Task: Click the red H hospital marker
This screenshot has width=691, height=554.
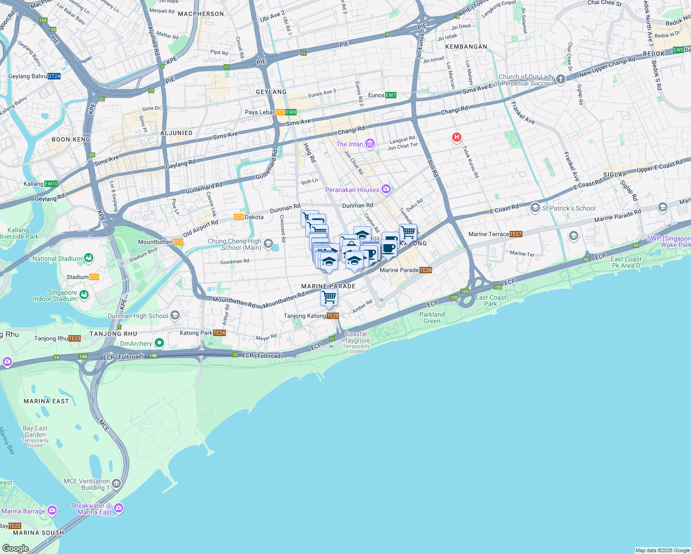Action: (456, 137)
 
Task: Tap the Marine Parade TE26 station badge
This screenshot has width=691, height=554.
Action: (426, 270)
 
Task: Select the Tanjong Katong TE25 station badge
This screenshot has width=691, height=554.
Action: (333, 316)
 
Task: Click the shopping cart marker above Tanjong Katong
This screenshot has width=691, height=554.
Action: (329, 297)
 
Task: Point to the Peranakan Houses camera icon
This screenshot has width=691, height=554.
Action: (386, 189)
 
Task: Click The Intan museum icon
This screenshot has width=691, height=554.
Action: (370, 144)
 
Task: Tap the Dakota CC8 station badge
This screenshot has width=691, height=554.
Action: (239, 217)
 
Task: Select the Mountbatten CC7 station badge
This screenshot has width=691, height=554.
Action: (178, 242)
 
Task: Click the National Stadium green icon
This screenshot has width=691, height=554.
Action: (89, 258)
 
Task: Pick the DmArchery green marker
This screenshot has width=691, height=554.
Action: (159, 343)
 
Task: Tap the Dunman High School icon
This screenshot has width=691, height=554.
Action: (175, 315)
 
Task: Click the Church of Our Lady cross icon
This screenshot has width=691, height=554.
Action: (561, 79)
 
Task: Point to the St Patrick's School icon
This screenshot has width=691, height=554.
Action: (535, 208)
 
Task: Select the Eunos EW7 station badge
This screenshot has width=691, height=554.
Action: (391, 95)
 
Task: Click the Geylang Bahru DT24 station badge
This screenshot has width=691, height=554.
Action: (54, 76)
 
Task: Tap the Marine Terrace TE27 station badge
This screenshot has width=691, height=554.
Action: (515, 234)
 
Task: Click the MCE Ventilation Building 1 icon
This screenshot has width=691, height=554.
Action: (116, 484)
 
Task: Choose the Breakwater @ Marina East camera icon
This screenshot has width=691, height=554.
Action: (119, 508)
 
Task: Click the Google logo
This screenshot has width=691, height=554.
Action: (15, 548)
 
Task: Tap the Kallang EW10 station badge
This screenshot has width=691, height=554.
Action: (51, 184)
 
